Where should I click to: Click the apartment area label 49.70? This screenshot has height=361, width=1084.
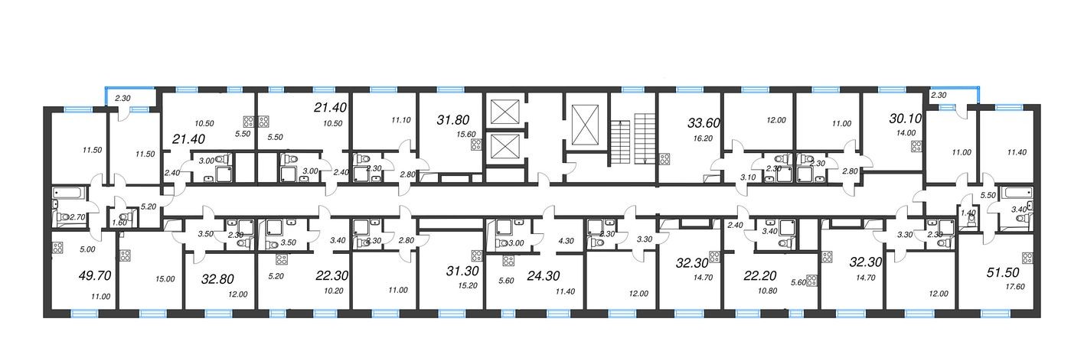coord(95,276)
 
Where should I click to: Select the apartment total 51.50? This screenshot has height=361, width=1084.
coord(1003,272)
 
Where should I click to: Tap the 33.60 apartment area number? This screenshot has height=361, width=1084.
coord(704,123)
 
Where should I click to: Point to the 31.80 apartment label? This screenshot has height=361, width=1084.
coord(453,120)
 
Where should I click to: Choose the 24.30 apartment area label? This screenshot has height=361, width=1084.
coord(544,276)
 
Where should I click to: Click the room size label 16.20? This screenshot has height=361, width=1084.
coord(703,138)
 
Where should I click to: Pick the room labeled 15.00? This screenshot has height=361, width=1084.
coord(165,279)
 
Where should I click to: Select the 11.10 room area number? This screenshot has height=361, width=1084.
coord(401,120)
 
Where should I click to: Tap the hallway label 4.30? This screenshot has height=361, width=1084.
coord(566,241)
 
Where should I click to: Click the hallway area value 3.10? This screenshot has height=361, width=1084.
coord(748,177)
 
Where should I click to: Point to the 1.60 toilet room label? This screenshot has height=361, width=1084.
coord(119,223)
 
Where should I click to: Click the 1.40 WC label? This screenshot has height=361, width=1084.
coord(968,213)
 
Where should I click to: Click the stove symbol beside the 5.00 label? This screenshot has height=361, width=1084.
coord(57,248)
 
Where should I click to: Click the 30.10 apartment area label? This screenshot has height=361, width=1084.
coord(906,119)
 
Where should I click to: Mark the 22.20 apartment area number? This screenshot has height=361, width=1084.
coord(759,276)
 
